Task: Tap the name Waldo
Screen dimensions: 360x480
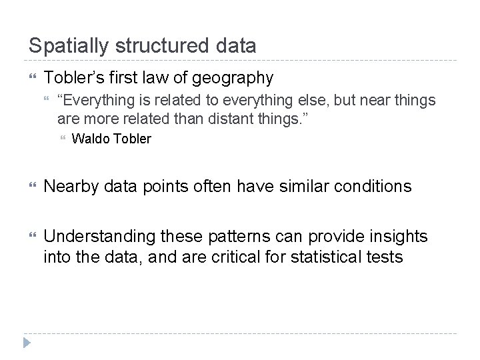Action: click(x=89, y=139)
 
